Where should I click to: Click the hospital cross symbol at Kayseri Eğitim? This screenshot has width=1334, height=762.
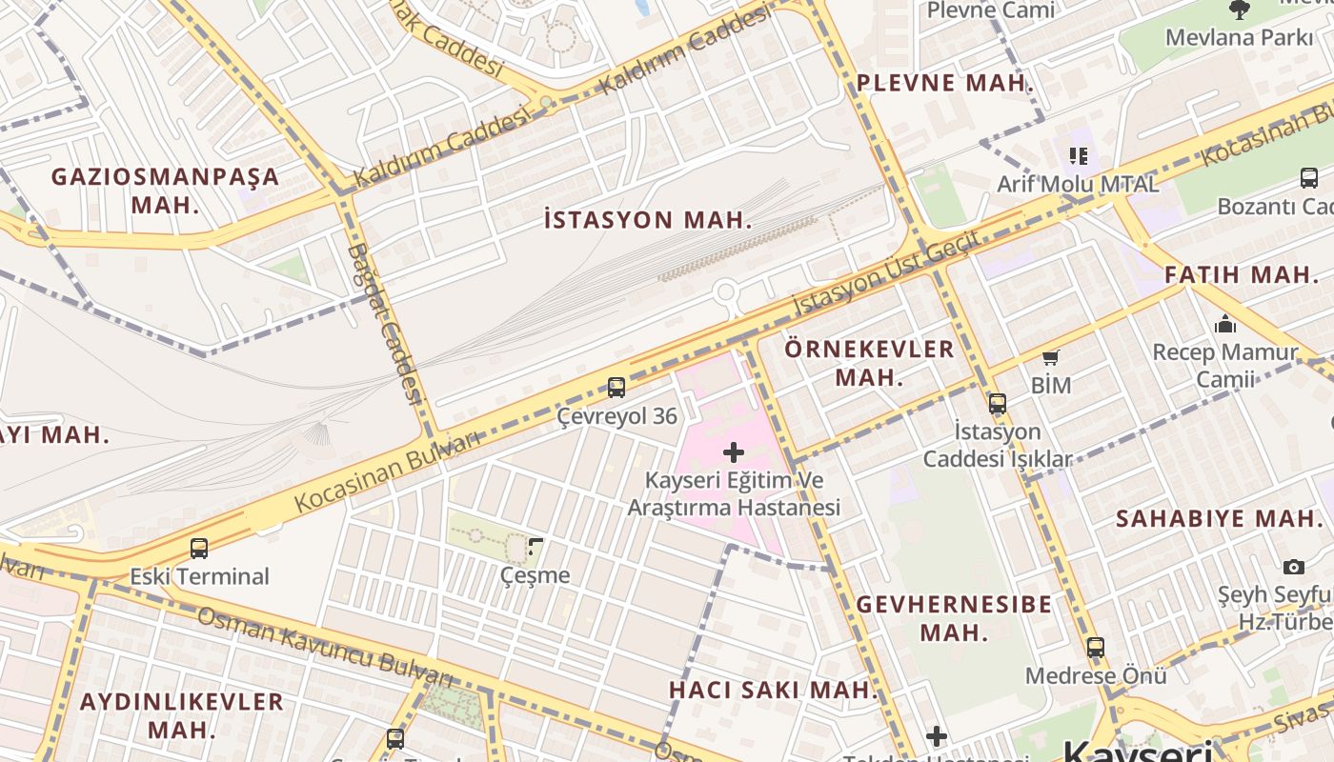pyautogui.click(x=734, y=451)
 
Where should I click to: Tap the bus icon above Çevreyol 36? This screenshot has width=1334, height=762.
pyautogui.click(x=616, y=388)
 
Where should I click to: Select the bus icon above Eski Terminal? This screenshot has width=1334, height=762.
pyautogui.click(x=199, y=549)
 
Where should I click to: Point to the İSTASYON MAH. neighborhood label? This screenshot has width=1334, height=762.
pyautogui.click(x=648, y=220)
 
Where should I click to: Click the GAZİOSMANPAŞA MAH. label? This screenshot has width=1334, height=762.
pyautogui.click(x=166, y=190)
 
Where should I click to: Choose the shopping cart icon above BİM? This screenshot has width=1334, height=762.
pyautogui.click(x=1050, y=358)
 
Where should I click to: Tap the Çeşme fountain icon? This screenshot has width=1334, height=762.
pyautogui.click(x=536, y=547)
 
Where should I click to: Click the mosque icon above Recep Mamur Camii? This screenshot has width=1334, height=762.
pyautogui.click(x=1225, y=324)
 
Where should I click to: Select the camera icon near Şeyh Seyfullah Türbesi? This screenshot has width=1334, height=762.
pyautogui.click(x=1293, y=567)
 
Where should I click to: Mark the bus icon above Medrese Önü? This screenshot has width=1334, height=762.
pyautogui.click(x=1096, y=648)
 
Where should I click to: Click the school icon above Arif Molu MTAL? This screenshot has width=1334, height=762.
pyautogui.click(x=1078, y=155)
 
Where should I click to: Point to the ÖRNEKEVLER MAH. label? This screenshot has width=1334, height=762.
pyautogui.click(x=869, y=363)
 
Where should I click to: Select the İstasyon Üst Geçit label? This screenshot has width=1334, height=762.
pyautogui.click(x=886, y=274)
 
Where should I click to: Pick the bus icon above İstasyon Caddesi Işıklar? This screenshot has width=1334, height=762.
pyautogui.click(x=998, y=403)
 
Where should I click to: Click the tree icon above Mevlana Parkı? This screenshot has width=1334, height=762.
pyautogui.click(x=1239, y=10)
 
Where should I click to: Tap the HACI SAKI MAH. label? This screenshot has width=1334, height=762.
pyautogui.click(x=773, y=690)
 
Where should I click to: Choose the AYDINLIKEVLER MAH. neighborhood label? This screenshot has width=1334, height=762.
pyautogui.click(x=182, y=715)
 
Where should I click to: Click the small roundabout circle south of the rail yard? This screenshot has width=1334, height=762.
pyautogui.click(x=726, y=291)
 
